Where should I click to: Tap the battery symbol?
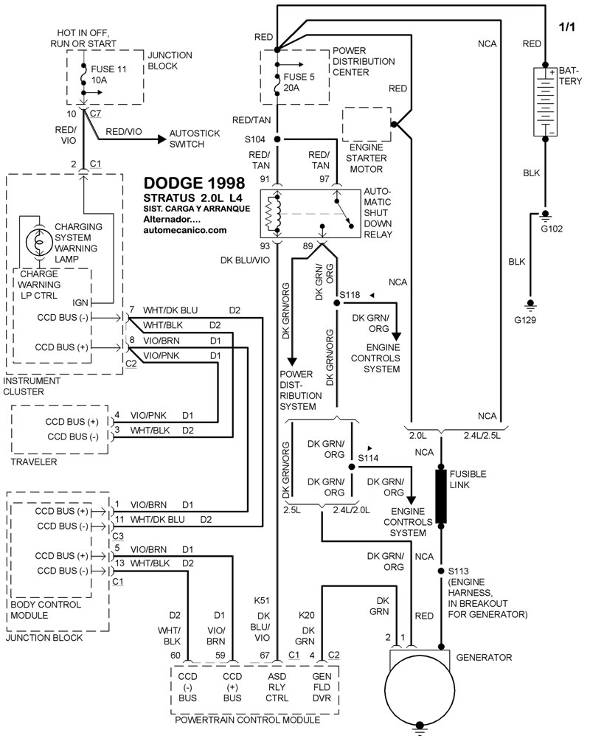(545, 102)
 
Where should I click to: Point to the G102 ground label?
(551, 229)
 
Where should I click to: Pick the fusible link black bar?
(442, 496)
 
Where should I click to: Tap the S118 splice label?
(349, 295)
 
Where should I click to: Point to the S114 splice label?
(368, 458)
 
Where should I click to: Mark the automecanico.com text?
(186, 230)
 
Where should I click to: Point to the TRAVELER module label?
(31, 462)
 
